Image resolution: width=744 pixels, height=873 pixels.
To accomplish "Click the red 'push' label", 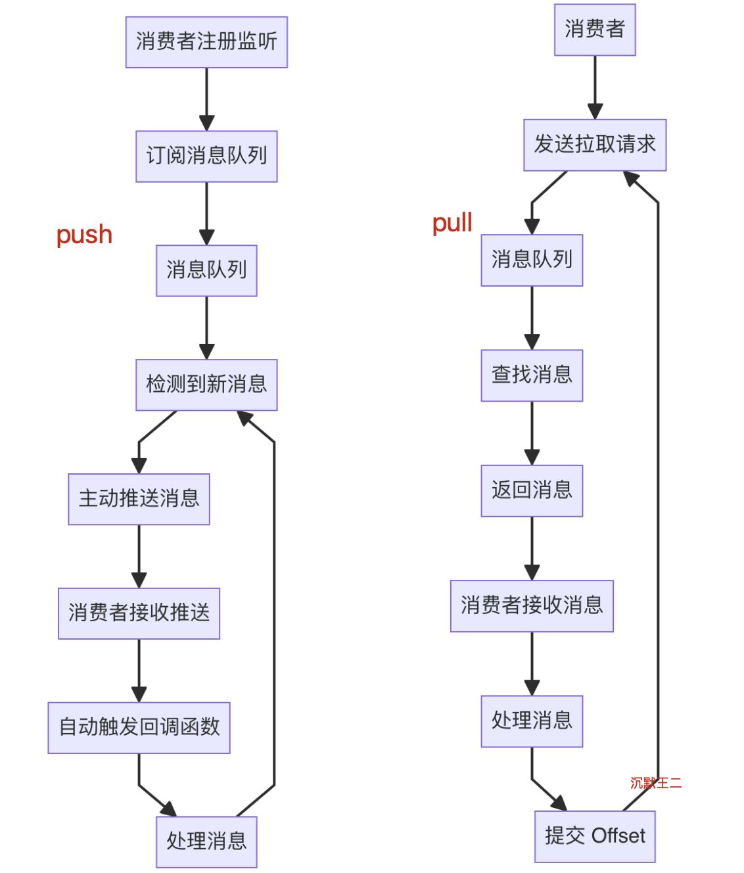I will (84, 235).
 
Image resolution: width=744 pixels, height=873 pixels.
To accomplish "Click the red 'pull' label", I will (452, 224).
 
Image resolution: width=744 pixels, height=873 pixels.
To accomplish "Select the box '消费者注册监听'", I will (206, 42).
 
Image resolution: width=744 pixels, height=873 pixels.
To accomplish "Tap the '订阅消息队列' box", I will (206, 156).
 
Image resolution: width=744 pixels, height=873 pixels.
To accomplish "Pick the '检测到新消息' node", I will (206, 385).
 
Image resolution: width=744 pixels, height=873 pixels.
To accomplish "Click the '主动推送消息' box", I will (139, 499).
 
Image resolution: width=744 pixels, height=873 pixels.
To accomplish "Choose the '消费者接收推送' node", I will (139, 613).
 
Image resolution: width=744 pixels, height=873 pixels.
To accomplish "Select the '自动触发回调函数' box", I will (139, 728).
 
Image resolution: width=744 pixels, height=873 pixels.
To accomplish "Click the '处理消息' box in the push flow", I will (206, 841).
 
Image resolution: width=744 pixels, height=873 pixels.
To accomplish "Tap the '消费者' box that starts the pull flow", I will (595, 30).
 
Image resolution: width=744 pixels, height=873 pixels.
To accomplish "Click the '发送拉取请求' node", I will (595, 145).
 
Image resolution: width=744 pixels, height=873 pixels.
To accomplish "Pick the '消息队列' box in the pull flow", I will (532, 260).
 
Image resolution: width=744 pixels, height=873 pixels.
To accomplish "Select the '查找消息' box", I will (532, 375).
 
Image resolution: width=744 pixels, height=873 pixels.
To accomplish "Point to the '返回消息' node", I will (532, 490).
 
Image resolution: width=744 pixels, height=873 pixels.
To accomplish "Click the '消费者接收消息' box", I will (532, 605).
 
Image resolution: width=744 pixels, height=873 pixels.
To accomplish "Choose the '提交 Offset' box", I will (595, 836).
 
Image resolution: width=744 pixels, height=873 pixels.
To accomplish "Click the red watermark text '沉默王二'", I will (655, 783).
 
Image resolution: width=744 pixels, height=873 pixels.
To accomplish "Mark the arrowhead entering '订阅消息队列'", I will (206, 124).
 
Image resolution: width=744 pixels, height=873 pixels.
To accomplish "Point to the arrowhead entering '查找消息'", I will (532, 342).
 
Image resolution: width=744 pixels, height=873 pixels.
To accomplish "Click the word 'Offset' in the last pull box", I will (618, 836).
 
